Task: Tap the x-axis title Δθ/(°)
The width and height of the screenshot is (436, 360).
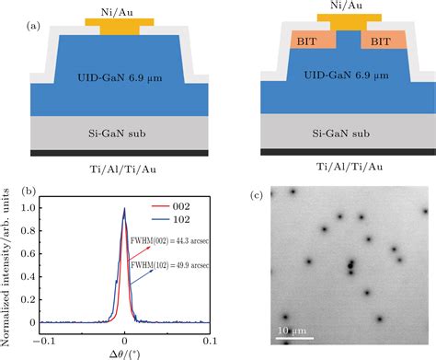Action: (125, 353)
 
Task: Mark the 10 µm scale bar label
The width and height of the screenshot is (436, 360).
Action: (293, 330)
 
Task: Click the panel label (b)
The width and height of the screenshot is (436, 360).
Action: (27, 192)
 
